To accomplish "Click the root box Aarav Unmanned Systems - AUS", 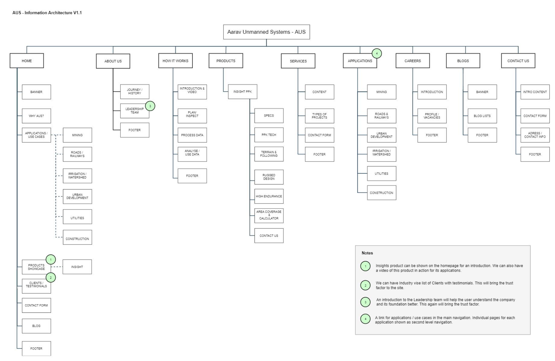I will tap(266, 32).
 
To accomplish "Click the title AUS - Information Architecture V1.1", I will tap(47, 13).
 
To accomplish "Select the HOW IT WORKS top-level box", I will tap(175, 61).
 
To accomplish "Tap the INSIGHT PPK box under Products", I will tap(243, 92).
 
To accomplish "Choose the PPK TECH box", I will tap(269, 135).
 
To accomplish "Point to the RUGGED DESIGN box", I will tap(269, 177).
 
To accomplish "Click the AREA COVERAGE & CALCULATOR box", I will tap(269, 215).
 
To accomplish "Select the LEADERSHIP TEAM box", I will tap(135, 111).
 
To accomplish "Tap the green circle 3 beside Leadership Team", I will tap(150, 106).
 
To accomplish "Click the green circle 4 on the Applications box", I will tap(376, 53).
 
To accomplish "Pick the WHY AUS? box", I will tap(36, 116).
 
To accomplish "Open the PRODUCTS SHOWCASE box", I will tap(36, 267).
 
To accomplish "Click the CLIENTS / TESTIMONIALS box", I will tap(36, 285).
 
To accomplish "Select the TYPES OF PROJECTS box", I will tap(319, 116).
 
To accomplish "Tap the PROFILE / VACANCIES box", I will tap(432, 116).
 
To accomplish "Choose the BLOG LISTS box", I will tap(482, 116).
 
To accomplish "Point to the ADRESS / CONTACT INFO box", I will tap(535, 135).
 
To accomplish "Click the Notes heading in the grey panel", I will tap(367, 253).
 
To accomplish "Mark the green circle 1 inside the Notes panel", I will tap(365, 266).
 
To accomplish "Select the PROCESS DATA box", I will tap(192, 135).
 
